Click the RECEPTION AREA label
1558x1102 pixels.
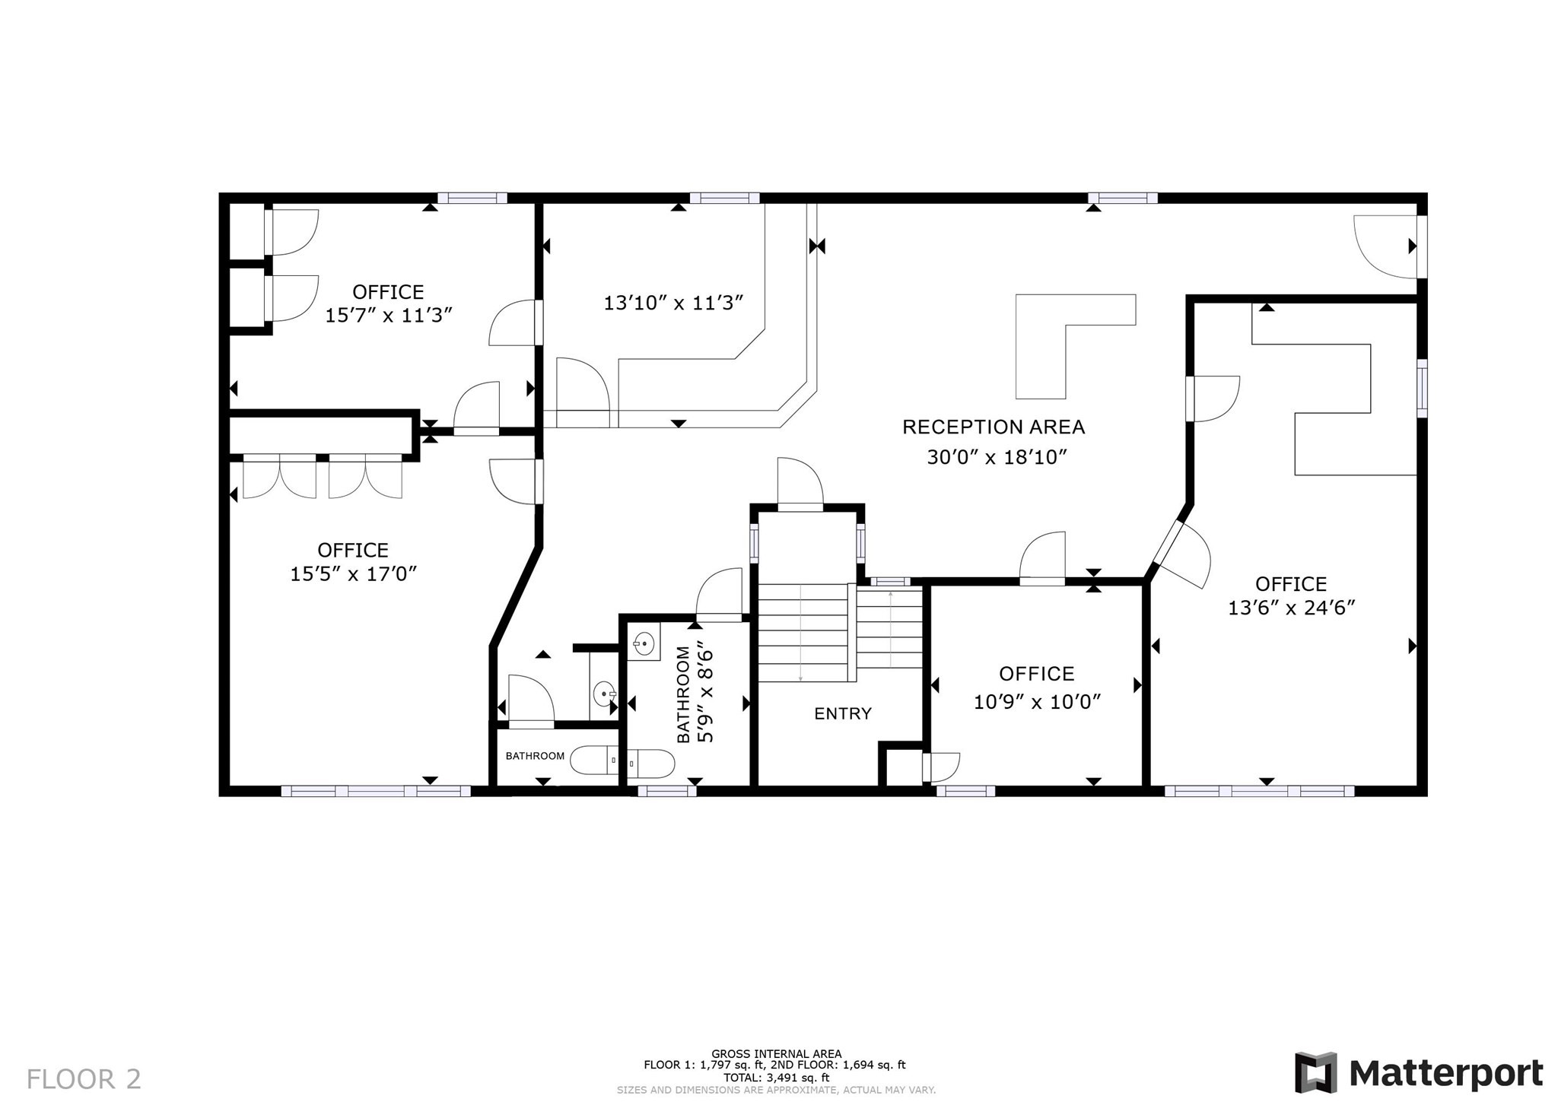(x=993, y=427)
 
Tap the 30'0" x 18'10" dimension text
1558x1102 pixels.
(x=997, y=457)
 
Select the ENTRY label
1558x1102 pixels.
(x=843, y=713)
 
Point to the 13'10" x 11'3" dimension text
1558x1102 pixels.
(x=673, y=303)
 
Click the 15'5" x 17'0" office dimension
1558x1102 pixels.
(x=354, y=573)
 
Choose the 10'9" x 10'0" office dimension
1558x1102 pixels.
(x=1038, y=701)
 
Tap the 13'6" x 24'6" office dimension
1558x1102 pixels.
(x=1293, y=608)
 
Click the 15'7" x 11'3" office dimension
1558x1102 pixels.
(x=389, y=315)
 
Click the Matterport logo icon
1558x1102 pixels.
(x=1315, y=1073)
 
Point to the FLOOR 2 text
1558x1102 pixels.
(x=84, y=1079)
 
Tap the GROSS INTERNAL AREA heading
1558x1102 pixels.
(x=776, y=1053)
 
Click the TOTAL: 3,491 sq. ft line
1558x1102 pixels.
(x=776, y=1077)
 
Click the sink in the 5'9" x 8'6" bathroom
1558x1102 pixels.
(x=643, y=643)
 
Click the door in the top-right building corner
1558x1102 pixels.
(x=1386, y=246)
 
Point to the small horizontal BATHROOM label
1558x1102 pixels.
(x=535, y=756)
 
